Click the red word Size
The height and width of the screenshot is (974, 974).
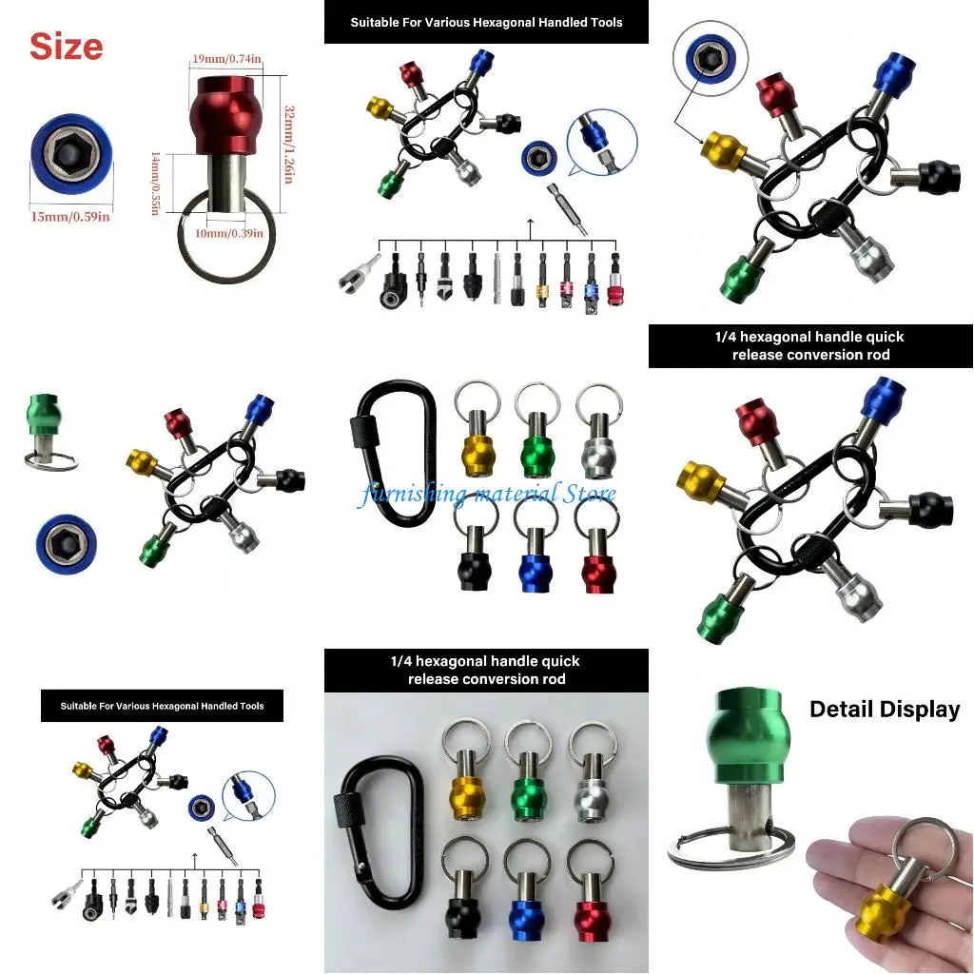coord(66,46)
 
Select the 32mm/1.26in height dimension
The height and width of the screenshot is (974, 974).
coord(289,132)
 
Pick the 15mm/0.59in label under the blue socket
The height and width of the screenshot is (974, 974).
coord(70,216)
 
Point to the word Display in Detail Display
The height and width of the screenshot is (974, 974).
coord(922,709)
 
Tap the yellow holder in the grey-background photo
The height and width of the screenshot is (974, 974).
coord(466,790)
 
